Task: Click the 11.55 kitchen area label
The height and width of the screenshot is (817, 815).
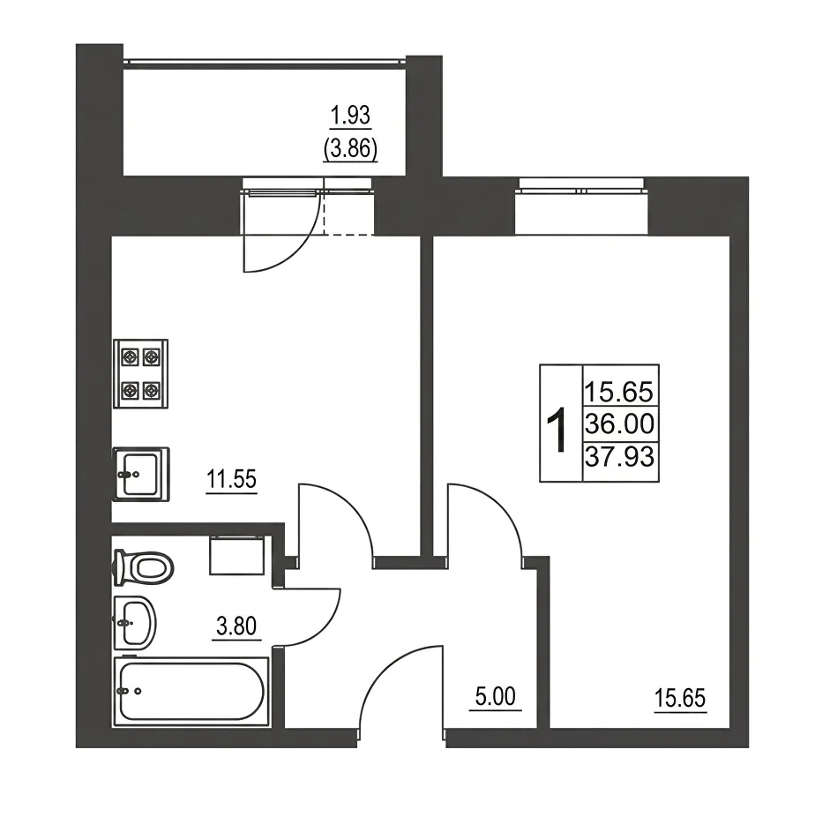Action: pos(231,479)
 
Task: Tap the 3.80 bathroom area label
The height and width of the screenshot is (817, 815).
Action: pos(236,626)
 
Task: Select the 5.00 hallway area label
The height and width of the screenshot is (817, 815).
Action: pos(495,696)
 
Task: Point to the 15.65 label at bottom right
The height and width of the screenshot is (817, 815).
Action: pos(680,698)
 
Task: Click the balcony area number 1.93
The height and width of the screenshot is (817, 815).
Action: pos(350,116)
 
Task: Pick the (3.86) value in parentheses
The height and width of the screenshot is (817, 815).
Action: pos(350,149)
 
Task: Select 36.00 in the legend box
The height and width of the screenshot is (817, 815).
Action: pos(619,424)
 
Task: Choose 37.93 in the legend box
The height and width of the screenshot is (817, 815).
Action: pos(619,457)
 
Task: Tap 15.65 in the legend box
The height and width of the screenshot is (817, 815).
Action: pos(619,392)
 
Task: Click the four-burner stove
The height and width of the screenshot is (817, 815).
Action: pos(140,373)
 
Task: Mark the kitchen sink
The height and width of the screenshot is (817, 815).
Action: pos(140,474)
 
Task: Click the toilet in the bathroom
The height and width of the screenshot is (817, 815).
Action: pos(143,567)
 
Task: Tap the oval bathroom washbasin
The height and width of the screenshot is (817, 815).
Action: pos(135,623)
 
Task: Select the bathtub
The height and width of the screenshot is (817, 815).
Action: pos(191,691)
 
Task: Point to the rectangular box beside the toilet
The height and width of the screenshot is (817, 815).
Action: pos(237,556)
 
